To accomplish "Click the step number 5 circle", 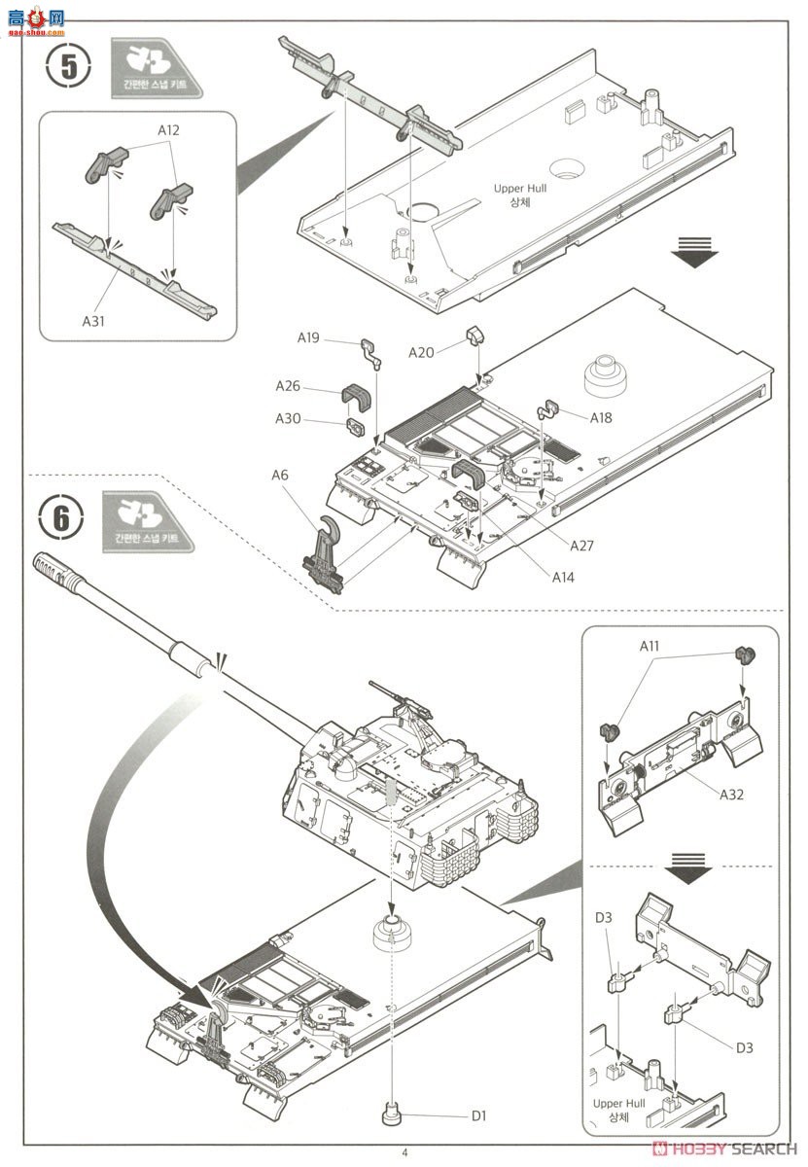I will (68, 66).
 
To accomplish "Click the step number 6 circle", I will (62, 517).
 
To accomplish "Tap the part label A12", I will (169, 129).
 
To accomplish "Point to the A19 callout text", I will (308, 338).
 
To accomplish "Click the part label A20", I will (420, 353).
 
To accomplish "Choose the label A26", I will (287, 386).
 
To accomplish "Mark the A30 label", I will (287, 419).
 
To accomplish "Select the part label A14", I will (564, 577).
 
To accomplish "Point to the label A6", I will (280, 476).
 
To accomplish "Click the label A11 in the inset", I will (650, 646).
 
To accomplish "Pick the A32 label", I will (732, 795).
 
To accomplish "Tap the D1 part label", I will (478, 1115).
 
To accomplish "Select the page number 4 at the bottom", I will (404, 1153).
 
